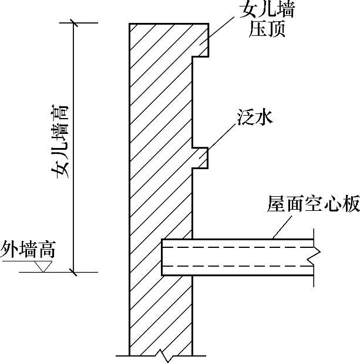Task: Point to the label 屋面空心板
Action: click(312, 206)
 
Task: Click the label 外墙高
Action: click(28, 250)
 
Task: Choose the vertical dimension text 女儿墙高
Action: click(60, 141)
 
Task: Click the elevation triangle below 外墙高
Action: click(41, 267)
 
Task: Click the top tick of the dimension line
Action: click(73, 23)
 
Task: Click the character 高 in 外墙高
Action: click(47, 250)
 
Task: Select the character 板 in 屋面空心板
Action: click(349, 206)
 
